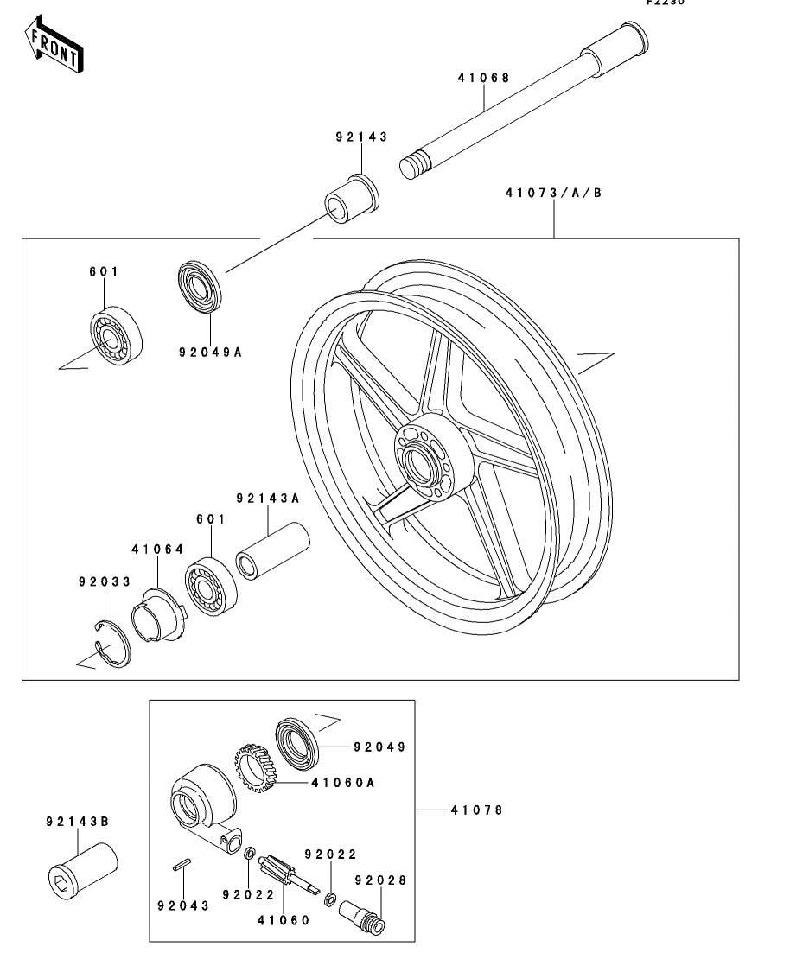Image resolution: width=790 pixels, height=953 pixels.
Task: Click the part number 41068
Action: click(x=483, y=78)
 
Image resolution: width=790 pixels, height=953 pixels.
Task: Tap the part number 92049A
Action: click(x=210, y=353)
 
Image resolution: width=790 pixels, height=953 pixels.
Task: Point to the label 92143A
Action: click(x=268, y=499)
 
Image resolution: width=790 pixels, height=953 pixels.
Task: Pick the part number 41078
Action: click(x=475, y=810)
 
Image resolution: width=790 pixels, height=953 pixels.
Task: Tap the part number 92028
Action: click(x=381, y=880)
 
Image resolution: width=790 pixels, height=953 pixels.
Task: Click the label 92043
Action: click(x=182, y=906)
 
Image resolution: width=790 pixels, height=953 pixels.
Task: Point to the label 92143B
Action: click(x=77, y=822)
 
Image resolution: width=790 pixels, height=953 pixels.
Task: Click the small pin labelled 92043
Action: click(x=181, y=867)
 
